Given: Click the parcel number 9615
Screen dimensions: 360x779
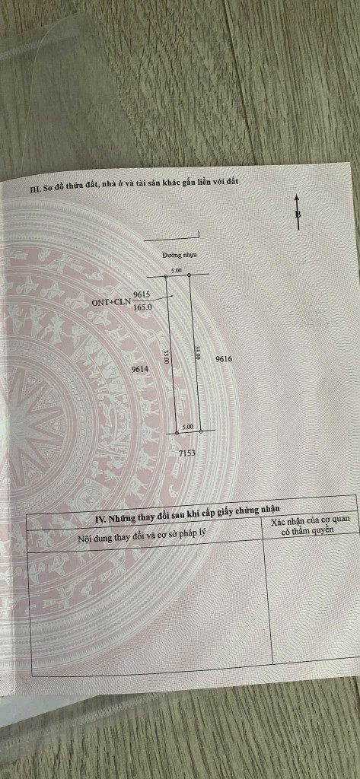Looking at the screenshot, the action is point(142,294).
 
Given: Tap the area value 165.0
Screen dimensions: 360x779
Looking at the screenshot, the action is point(142,307).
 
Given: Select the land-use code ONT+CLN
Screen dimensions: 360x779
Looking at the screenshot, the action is point(111,301).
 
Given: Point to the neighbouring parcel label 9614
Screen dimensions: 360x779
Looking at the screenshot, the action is point(140,369).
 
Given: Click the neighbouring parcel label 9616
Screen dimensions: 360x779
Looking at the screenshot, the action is point(225,359).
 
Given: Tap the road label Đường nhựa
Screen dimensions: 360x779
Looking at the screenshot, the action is point(180,255).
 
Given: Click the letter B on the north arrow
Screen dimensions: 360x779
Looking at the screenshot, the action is point(298,214).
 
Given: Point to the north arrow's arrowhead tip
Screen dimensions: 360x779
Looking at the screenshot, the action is point(297,194).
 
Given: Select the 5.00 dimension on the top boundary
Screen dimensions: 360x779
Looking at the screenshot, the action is point(177,270).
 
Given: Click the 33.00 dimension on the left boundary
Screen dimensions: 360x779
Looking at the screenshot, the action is point(167,358).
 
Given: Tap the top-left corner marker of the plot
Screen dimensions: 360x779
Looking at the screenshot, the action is point(166,275).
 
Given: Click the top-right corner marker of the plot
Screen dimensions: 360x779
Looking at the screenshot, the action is point(190,275).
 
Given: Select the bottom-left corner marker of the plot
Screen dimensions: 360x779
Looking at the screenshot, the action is point(177,433).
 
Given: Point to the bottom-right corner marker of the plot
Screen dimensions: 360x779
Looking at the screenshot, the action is point(200,431).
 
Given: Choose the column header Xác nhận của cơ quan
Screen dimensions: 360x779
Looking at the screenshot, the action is point(314,520).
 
